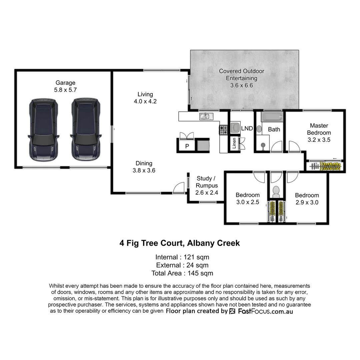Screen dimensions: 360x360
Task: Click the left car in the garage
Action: click(44, 129)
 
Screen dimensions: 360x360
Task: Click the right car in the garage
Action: click(86, 129)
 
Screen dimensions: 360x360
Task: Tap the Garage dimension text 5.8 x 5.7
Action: click(65, 90)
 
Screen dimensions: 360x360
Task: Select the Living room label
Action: click(145, 94)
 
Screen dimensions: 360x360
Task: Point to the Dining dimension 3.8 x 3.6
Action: click(144, 170)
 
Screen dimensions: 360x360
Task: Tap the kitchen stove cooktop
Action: click(223, 130)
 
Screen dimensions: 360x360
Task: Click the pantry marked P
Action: click(187, 146)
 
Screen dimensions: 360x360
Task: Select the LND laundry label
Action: click(247, 128)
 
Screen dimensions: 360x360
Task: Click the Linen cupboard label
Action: click(234, 143)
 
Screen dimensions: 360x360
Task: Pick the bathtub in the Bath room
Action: click(272, 117)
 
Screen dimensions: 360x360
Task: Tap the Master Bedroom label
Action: click(319, 129)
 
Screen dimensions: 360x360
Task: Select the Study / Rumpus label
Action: click(207, 182)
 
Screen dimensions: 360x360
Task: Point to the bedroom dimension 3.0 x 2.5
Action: click(247, 202)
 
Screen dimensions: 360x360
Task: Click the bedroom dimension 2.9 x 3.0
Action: click(307, 202)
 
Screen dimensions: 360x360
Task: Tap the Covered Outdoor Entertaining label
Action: click(241, 75)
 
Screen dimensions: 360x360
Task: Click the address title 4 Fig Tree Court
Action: click(180, 243)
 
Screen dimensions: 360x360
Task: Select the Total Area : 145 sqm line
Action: click(182, 273)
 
